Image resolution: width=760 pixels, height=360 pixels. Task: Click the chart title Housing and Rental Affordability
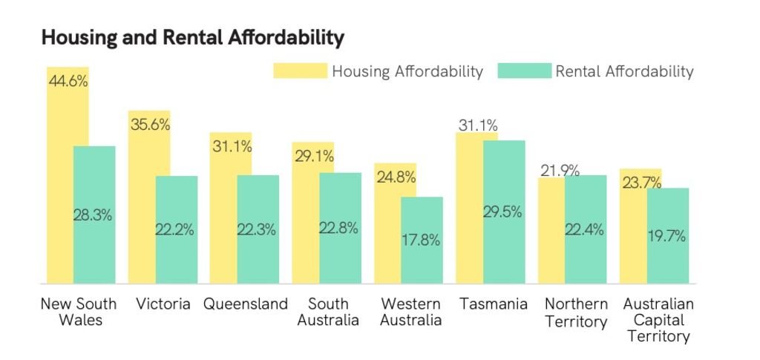[x=193, y=38]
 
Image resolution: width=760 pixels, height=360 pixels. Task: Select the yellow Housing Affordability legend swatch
[x=301, y=71]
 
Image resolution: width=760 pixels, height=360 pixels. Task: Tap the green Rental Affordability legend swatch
[x=525, y=71]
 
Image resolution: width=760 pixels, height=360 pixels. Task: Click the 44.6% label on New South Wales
[x=68, y=80]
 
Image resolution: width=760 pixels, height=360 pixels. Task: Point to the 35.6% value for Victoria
[x=150, y=125]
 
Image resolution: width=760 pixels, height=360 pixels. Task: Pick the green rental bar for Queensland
[x=258, y=229]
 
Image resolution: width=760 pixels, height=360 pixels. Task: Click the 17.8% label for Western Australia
[x=422, y=240]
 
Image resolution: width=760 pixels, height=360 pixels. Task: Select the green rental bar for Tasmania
[x=504, y=212]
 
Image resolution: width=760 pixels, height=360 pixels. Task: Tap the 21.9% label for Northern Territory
[x=560, y=171]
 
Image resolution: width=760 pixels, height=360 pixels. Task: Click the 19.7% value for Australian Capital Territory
[x=667, y=237]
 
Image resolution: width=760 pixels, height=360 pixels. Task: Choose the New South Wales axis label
[x=79, y=312]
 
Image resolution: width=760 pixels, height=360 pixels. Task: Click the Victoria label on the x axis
[x=163, y=304]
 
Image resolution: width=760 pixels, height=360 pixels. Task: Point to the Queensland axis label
[x=245, y=304]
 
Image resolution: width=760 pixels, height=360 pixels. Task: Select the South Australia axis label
[x=328, y=312]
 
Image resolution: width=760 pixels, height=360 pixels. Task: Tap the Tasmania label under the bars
[x=494, y=304]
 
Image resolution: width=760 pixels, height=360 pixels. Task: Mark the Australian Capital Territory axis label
[x=658, y=320]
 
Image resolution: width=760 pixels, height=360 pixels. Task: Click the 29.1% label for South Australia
[x=314, y=157]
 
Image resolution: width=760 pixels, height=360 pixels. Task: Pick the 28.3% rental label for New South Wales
[x=93, y=215]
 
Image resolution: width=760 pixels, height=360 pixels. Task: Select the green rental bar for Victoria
[x=177, y=229]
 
